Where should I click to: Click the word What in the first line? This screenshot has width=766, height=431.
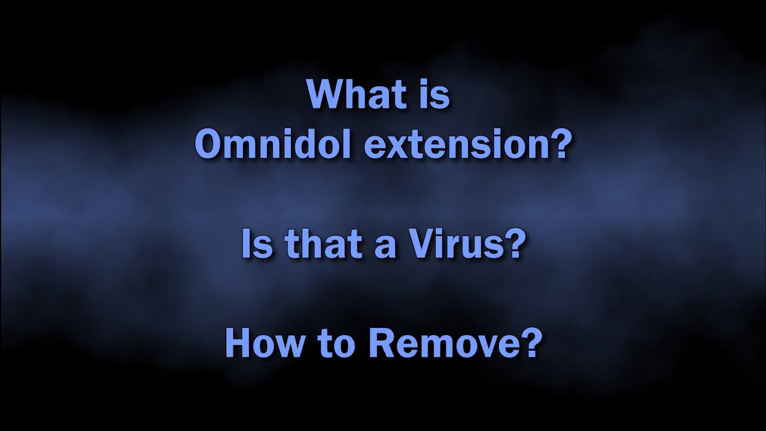pos(354,95)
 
